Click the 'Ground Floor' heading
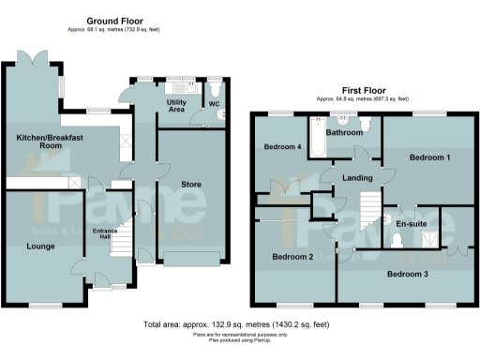point(114,20)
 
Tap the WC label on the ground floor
point(214,104)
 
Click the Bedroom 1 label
point(430,157)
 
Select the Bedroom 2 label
point(292,256)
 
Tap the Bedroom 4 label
point(282,147)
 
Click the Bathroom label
point(343,133)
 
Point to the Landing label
point(359,178)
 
